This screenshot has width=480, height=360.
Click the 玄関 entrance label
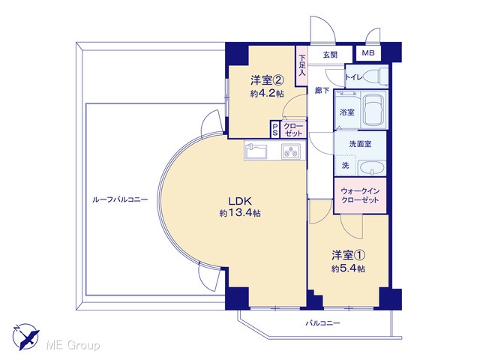[330, 55]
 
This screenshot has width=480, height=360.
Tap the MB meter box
[368, 53]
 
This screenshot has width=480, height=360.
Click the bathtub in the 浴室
[374, 109]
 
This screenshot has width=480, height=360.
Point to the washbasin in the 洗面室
[372, 168]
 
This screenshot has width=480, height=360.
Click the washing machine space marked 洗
[345, 166]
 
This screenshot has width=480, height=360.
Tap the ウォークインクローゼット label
[360, 196]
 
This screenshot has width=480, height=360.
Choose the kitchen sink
[256, 151]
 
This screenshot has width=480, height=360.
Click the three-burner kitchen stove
[291, 151]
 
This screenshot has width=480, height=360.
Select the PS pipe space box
[274, 130]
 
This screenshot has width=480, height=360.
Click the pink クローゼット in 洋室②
[293, 130]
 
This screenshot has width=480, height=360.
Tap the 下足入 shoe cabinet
[301, 65]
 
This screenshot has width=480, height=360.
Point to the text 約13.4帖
[240, 213]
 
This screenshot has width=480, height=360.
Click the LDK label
[240, 201]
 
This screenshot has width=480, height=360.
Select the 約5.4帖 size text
[348, 268]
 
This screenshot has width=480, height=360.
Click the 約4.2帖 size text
[267, 93]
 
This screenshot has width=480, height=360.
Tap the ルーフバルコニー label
[120, 200]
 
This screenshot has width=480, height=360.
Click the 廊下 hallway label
[322, 91]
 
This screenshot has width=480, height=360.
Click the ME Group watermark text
[73, 345]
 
